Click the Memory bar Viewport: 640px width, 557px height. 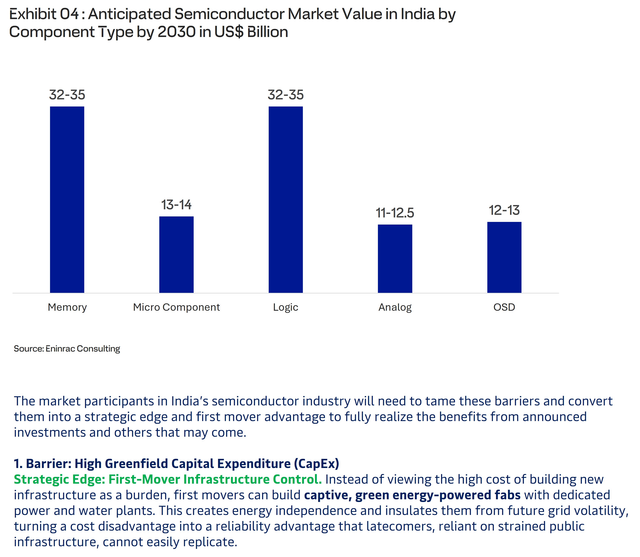point(67,200)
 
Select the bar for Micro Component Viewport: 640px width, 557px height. point(176,255)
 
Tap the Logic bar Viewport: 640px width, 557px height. point(286,200)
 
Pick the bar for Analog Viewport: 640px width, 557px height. point(395,259)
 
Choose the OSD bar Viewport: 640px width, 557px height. point(504,257)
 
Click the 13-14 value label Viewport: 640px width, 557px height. point(176,205)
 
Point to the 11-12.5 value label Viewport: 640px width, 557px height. point(395,213)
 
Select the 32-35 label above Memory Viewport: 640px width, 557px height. point(67,95)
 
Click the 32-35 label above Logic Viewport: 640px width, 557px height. point(286,95)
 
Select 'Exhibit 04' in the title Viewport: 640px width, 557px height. point(44,14)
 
